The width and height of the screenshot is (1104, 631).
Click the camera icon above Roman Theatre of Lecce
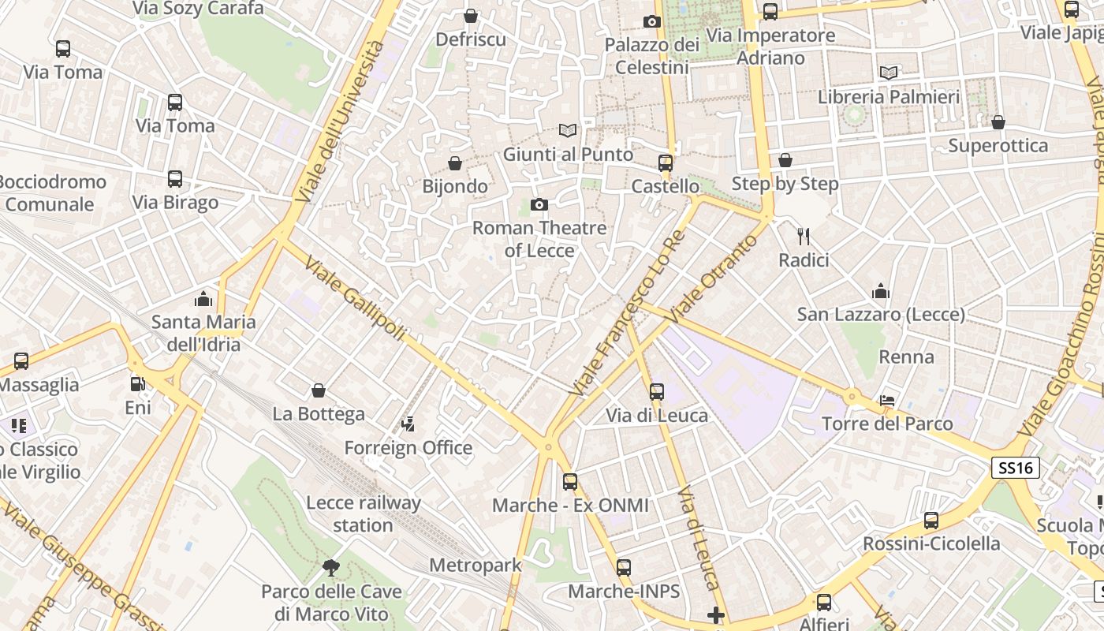[x=539, y=205]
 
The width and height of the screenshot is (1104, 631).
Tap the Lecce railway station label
[x=364, y=513]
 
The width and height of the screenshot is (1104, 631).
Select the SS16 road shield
[x=1015, y=468]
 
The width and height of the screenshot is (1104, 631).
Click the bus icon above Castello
[x=666, y=163]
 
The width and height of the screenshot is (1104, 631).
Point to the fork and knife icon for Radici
[x=804, y=236]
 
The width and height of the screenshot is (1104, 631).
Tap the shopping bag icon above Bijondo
[x=455, y=163]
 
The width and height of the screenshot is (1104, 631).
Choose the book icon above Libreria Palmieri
[x=889, y=73]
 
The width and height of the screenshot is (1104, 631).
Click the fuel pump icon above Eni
[x=138, y=384]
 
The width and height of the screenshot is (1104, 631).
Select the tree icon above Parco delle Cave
[x=331, y=567]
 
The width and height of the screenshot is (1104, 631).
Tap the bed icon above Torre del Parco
[x=887, y=401]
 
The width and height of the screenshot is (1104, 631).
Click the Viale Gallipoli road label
[x=355, y=299]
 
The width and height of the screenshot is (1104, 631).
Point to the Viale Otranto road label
[x=713, y=277]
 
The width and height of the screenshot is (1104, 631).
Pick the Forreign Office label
[x=408, y=448]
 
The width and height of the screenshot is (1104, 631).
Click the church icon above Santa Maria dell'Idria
[x=203, y=299]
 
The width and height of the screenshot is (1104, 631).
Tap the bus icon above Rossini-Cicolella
[x=931, y=521]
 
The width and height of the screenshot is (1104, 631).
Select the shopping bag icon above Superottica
[x=998, y=122]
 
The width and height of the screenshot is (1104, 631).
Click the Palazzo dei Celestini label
[x=652, y=56]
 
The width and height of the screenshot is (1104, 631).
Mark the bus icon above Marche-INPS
[x=624, y=567]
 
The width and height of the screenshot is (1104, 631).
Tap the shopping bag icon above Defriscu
[x=471, y=16]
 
